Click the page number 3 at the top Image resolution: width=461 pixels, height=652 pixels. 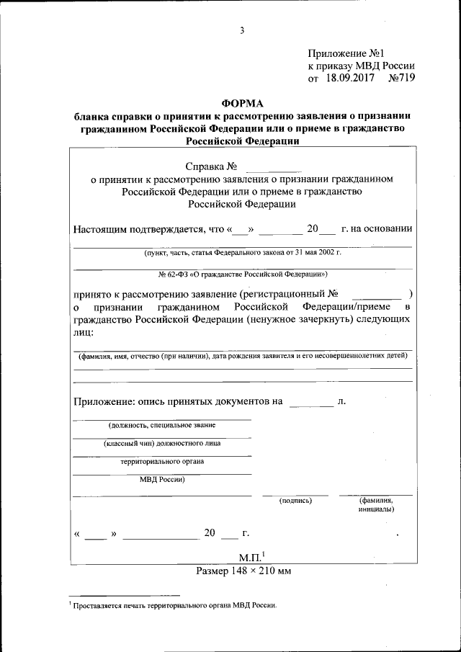243,30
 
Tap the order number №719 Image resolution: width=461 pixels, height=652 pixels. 400,78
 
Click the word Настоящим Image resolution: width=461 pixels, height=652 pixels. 101,229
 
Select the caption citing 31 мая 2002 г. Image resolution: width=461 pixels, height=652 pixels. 243,254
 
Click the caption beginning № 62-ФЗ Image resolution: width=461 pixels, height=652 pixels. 243,274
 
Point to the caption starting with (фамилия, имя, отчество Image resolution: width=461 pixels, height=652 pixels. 243,356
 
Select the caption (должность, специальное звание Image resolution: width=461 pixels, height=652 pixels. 162,425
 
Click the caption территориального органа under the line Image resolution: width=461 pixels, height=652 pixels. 163,462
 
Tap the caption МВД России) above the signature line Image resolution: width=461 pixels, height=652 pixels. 162,480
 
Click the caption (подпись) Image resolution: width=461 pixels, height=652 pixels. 295,499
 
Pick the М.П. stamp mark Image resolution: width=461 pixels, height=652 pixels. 251,556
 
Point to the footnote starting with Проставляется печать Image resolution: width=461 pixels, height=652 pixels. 175,607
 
